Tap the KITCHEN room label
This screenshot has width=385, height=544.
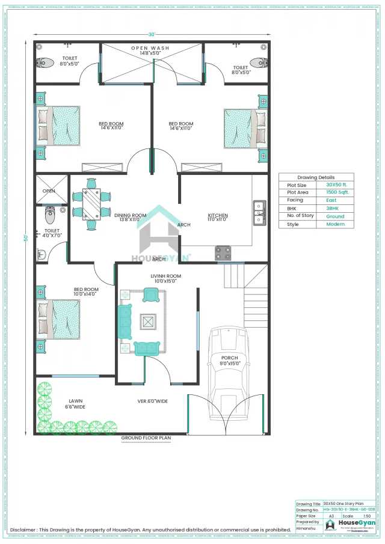(217, 215)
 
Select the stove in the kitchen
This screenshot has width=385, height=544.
(223, 253)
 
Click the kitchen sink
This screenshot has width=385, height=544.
(259, 212)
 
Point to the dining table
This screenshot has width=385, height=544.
(91, 204)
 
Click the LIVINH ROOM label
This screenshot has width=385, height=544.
(165, 276)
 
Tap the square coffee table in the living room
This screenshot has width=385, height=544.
(149, 322)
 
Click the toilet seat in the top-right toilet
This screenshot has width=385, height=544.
(257, 61)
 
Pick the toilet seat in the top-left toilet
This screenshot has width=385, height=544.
(43, 61)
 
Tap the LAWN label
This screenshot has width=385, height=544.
(75, 401)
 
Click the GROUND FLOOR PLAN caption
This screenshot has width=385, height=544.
(146, 438)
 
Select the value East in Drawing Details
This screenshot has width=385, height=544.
(331, 200)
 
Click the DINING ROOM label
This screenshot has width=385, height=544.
(130, 215)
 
